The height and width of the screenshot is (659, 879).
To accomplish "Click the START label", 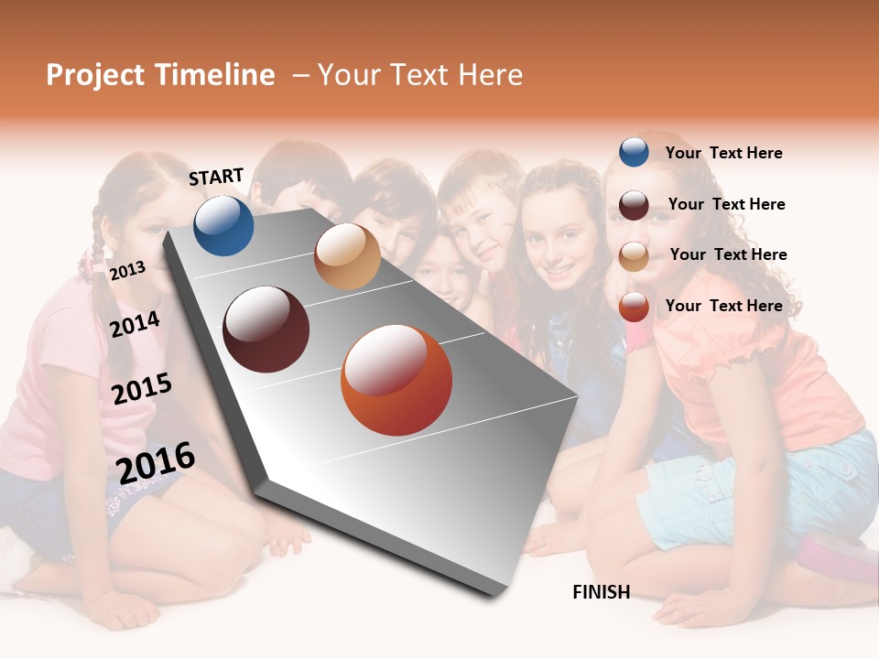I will [216, 177].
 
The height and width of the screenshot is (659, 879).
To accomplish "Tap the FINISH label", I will [602, 592].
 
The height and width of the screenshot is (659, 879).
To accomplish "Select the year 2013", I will [127, 270].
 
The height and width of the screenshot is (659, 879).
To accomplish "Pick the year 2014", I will [136, 324].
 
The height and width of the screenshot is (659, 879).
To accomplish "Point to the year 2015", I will [142, 389].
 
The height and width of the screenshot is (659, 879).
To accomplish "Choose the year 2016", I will [156, 462].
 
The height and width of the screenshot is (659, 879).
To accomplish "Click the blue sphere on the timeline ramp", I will [223, 226].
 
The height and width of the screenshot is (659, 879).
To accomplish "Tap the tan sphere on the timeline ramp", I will [347, 256].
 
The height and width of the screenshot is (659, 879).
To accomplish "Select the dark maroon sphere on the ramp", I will [266, 329].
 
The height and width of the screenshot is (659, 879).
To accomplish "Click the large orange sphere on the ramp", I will [396, 381].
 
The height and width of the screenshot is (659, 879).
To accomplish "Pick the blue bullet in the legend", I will [634, 152].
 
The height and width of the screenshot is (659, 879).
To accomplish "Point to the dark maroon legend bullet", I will [634, 204].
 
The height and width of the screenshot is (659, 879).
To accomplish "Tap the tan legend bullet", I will [634, 255].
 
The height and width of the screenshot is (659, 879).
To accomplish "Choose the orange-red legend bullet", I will [634, 307].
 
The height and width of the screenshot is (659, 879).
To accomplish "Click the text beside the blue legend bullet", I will [724, 153].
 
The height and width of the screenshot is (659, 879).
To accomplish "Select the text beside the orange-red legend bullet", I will [724, 306].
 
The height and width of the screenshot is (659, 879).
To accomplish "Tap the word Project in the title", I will [95, 75].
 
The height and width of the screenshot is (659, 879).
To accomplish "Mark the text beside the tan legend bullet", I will [728, 254].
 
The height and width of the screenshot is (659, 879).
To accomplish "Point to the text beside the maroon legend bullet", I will [726, 204].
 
